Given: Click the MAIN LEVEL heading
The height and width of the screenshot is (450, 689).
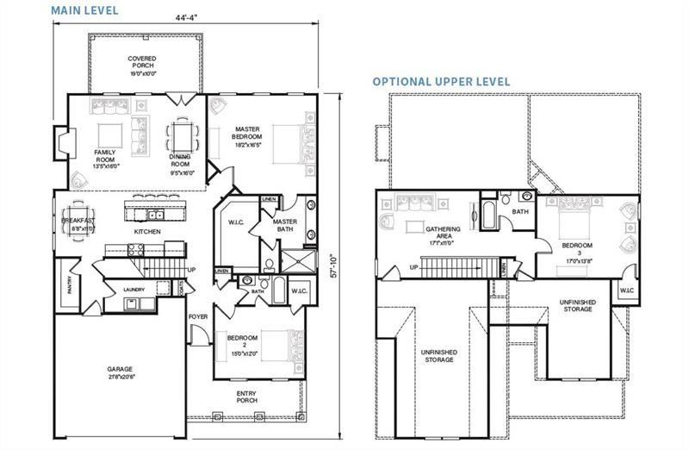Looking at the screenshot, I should pos(84,10).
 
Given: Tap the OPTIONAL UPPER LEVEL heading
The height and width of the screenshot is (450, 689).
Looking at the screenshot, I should pos(441,81).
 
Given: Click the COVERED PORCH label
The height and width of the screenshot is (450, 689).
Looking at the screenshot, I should pos(142,66).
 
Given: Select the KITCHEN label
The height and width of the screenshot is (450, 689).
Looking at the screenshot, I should pos(148,232).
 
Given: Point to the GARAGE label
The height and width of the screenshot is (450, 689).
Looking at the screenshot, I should pos(120,371).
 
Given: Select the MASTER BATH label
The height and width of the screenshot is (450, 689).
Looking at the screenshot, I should pos(285,225).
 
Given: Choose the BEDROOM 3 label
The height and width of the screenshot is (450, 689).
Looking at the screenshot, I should pos(577,250).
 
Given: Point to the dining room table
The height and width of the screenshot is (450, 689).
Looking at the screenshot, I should pos(182,135).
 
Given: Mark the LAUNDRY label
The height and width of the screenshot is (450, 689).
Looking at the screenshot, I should pos(133,290).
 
